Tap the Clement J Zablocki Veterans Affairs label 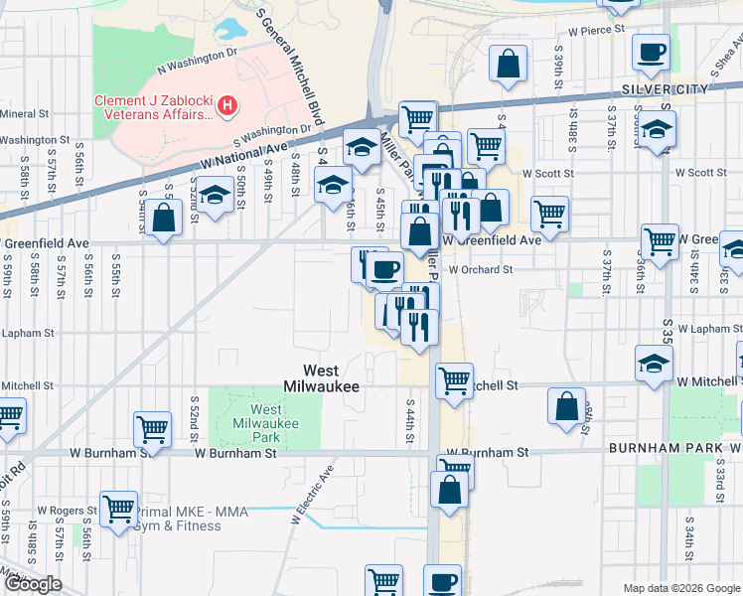click(x=154, y=107)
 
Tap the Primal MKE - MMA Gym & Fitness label click(x=179, y=519)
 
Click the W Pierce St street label click(x=589, y=30)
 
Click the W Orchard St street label click(x=480, y=269)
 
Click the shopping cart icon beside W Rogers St click(x=118, y=508)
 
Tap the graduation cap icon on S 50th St click(x=214, y=194)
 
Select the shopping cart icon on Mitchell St click(x=454, y=378)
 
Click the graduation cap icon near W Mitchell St click(x=654, y=364)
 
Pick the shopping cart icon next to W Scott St click(x=548, y=212)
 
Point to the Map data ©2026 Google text click(x=680, y=588)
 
